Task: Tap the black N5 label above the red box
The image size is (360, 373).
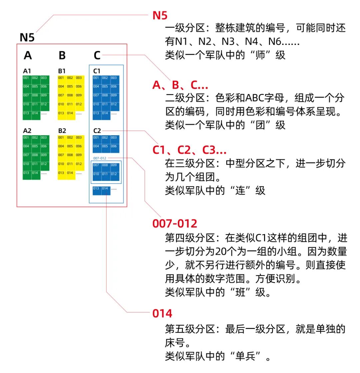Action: pos(27,38)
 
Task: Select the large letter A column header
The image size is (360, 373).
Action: pos(28,55)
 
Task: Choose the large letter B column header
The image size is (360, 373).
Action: pos(62,55)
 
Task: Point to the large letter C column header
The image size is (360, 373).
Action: pos(97,55)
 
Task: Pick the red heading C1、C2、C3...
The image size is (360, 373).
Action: pos(189,151)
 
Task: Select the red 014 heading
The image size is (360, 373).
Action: pos(162,313)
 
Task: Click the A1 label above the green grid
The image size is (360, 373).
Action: pos(27,71)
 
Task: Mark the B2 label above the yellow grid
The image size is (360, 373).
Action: pos(62,131)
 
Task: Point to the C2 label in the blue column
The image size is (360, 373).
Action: pos(97,131)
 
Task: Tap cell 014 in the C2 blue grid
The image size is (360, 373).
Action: pos(105,188)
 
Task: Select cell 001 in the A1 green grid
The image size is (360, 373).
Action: pos(27,78)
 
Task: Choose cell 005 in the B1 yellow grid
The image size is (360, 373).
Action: pos(70,87)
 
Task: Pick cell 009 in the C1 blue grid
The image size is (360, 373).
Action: pos(114,95)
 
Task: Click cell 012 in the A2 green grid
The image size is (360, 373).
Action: pos(44,164)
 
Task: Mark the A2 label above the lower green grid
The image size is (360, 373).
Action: pos(27,131)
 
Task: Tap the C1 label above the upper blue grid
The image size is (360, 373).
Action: pos(97,71)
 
